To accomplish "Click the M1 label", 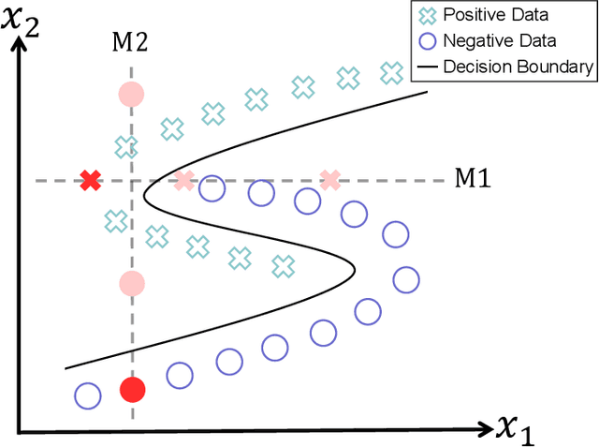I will click(x=472, y=178).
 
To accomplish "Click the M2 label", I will click(x=130, y=42).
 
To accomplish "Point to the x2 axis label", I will click(x=26, y=20).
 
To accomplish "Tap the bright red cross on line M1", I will click(x=90, y=180).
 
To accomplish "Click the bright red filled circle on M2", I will click(x=132, y=390).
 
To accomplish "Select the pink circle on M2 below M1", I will click(x=132, y=283).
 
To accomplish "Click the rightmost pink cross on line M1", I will click(x=330, y=180).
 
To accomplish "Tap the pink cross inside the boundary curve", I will click(x=184, y=180).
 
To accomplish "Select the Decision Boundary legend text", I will click(x=518, y=66).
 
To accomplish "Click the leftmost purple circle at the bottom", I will click(x=87, y=396).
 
